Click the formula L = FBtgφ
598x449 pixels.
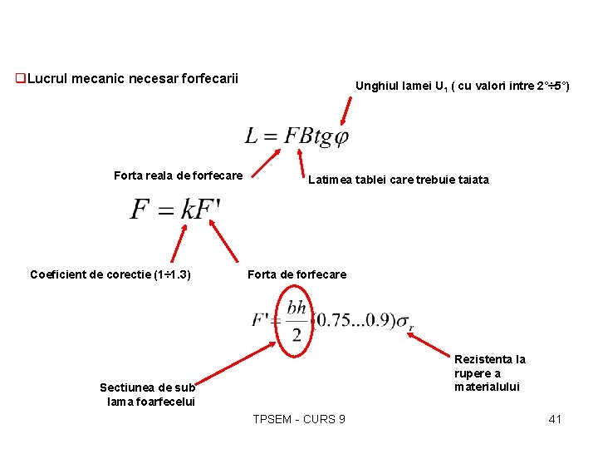[297, 136]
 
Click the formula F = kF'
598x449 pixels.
[175, 209]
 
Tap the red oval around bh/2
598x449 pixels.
[297, 320]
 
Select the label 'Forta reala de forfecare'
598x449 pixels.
[178, 175]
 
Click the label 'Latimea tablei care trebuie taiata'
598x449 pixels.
[399, 180]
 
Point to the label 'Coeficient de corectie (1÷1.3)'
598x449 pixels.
[110, 274]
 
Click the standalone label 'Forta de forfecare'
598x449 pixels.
[297, 274]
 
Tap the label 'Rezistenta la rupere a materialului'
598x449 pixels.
[490, 373]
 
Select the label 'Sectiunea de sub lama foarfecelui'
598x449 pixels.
[148, 394]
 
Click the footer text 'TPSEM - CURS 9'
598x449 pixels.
[299, 419]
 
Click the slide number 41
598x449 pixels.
[555, 419]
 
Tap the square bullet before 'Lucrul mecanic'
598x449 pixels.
[21, 79]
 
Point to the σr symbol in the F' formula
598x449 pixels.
[404, 322]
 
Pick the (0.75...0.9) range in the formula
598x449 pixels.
[352, 320]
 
